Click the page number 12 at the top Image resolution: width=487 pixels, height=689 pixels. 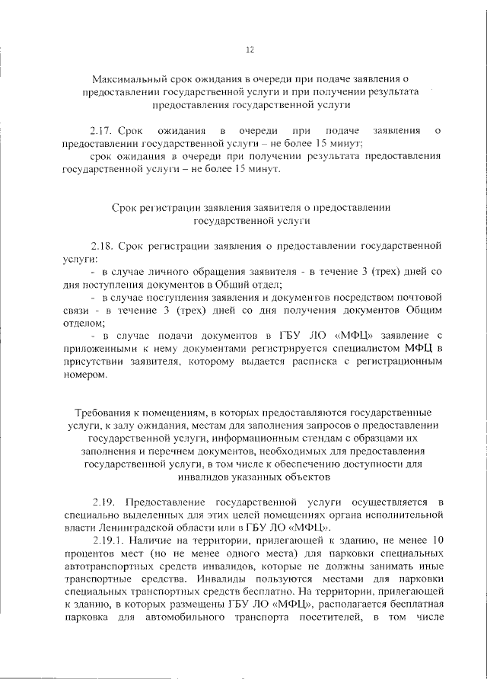[249, 50]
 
